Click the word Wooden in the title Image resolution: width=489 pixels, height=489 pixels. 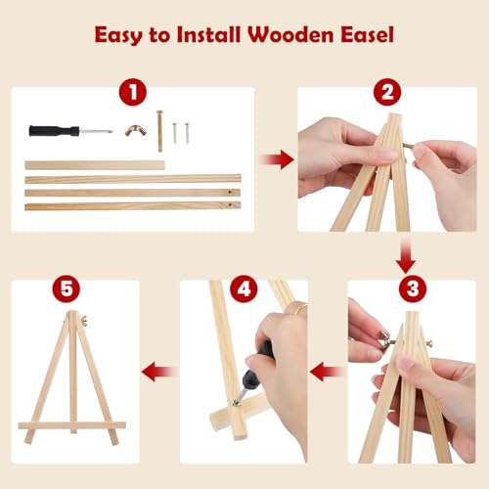pos(290,34)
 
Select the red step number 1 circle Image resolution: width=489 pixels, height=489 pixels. pos(133,92)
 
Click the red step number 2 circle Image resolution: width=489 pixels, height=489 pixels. pos(387,92)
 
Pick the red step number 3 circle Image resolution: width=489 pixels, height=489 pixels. pos(413,289)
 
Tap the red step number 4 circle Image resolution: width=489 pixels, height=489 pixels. pos(244,289)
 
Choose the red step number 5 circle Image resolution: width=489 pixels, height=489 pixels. pos(67,289)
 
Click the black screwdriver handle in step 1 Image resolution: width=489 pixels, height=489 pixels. pos(54,131)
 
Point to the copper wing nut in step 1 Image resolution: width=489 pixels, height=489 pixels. pos(136,130)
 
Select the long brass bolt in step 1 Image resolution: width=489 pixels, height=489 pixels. pos(159,131)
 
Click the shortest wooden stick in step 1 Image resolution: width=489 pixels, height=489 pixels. pos(95,165)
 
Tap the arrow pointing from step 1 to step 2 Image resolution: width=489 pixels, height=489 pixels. pos(276,159)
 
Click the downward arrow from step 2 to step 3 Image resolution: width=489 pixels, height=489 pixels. pos(406,256)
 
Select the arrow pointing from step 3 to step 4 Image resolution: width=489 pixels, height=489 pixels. pos(327,372)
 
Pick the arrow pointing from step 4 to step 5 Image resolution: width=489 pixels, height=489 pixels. pos(159,372)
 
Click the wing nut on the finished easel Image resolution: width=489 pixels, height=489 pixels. pos(85,322)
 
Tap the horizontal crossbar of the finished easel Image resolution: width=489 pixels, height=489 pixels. pos(72,425)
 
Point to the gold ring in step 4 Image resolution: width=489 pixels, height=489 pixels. pos(300,308)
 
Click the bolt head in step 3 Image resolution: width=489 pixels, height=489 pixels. pos(429,342)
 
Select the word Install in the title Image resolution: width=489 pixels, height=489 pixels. pos(208,34)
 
